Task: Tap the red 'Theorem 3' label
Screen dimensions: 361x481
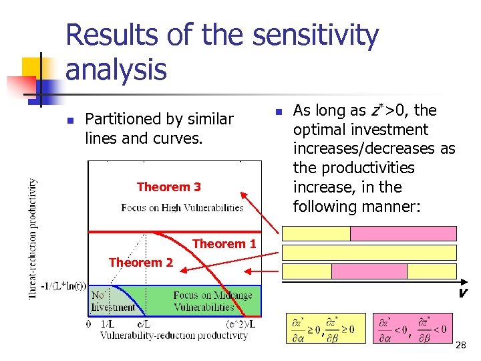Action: (x=168, y=187)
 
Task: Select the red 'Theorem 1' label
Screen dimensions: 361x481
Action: (x=224, y=244)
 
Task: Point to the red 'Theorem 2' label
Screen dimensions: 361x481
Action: (x=140, y=263)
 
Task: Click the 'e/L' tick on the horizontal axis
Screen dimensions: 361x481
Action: (x=144, y=324)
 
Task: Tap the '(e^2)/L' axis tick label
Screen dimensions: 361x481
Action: (x=240, y=324)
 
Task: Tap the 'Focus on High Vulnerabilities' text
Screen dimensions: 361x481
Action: (x=182, y=208)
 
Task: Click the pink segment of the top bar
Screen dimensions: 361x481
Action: (x=403, y=233)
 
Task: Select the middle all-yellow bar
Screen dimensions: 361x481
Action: (x=369, y=252)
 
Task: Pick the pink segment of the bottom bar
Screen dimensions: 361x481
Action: (x=369, y=271)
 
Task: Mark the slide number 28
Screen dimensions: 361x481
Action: (x=460, y=345)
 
